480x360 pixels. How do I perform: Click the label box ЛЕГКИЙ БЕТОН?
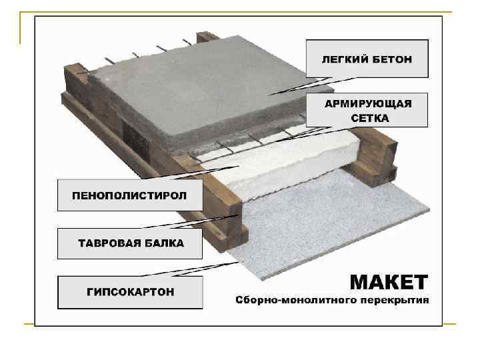pos(367,59)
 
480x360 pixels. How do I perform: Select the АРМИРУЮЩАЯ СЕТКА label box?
pos(367,110)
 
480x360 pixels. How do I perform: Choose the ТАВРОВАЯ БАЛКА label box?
pos(129,243)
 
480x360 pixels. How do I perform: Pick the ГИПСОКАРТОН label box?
pos(129,292)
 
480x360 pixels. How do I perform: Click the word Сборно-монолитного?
pos(296,300)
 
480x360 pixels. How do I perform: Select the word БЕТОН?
pos(393,59)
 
